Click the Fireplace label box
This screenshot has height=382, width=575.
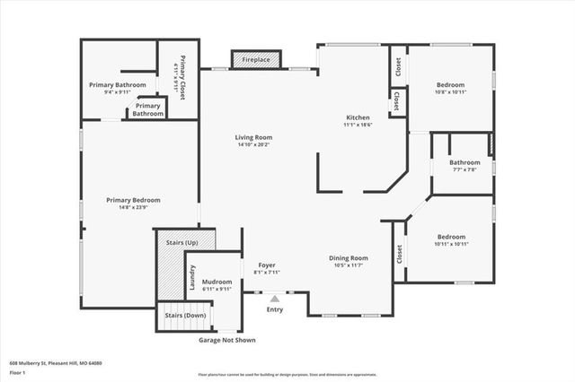tap(257, 59)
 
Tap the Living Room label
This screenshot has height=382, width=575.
tap(253, 137)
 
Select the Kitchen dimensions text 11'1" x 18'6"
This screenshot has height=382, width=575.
tap(358, 125)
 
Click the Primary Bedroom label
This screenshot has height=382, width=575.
tap(133, 200)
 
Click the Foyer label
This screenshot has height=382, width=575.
tap(267, 265)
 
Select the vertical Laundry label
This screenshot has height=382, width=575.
tap(191, 278)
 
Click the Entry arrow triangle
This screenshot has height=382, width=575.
tap(275, 298)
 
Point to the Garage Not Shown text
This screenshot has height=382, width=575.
tap(226, 340)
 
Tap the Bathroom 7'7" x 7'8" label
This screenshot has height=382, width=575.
tap(464, 162)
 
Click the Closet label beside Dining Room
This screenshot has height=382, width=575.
tap(398, 255)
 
